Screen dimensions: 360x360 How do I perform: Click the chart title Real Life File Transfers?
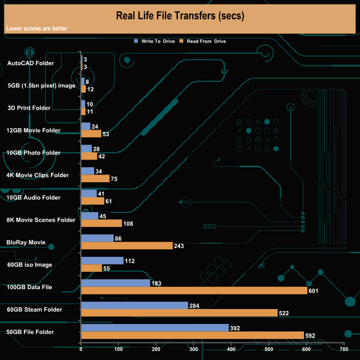click(179, 15)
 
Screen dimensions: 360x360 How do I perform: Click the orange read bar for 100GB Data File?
click(194, 291)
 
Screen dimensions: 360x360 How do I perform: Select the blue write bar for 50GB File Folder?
click(155, 328)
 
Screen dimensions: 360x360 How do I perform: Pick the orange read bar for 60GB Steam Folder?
click(179, 313)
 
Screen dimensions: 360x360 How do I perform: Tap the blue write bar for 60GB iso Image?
click(102, 261)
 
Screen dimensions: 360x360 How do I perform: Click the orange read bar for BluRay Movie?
click(126, 246)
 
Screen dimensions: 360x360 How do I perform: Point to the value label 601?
click(314, 291)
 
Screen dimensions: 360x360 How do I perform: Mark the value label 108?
click(129, 224)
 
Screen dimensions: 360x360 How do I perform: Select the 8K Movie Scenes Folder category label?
click(40, 220)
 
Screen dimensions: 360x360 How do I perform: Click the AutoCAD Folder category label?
click(30, 63)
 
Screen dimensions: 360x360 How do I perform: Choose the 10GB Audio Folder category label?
click(33, 197)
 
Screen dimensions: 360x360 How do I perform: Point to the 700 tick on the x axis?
click(344, 350)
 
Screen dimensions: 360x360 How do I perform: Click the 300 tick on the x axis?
click(194, 350)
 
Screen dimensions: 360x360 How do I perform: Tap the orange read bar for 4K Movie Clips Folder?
click(95, 179)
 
